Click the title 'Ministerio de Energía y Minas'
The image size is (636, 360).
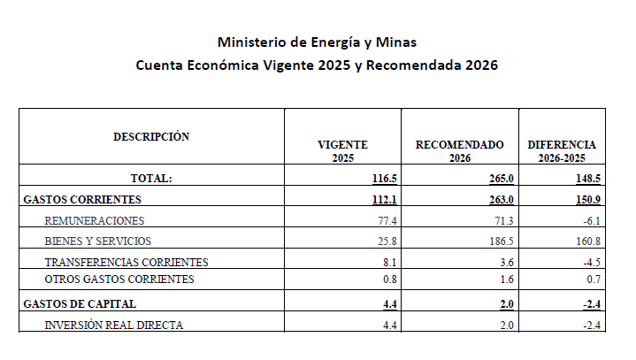point(317,42)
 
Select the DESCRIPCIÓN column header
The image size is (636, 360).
point(151,136)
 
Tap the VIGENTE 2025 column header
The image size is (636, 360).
point(342,150)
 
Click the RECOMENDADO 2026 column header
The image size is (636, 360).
point(460,150)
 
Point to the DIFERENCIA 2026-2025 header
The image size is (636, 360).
point(562,150)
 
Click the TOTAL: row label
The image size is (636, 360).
point(151,178)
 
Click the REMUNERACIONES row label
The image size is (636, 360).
point(94,220)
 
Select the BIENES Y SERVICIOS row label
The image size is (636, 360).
point(97,241)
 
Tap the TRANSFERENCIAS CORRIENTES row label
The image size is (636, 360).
point(126,262)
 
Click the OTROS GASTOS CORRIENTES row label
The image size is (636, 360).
point(119,280)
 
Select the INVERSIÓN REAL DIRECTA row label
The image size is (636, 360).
point(114,326)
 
